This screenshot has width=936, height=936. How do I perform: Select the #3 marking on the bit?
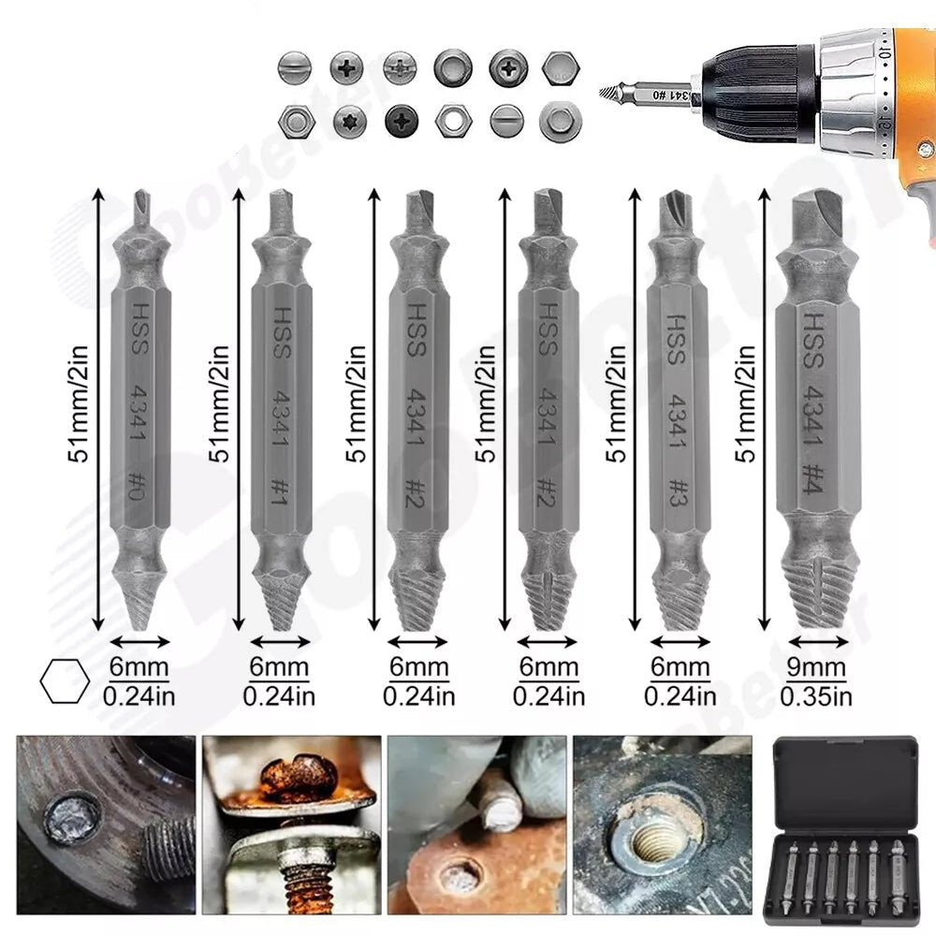pyautogui.click(x=680, y=488)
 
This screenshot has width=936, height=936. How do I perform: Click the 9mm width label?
pyautogui.click(x=816, y=668)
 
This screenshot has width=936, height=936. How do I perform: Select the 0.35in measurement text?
pyautogui.click(x=816, y=696)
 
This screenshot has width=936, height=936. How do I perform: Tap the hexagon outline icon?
pyautogui.click(x=65, y=681)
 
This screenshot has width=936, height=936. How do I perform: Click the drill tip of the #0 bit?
pyautogui.click(x=140, y=207)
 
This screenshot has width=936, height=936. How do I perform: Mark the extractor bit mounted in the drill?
pyautogui.click(x=647, y=95)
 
